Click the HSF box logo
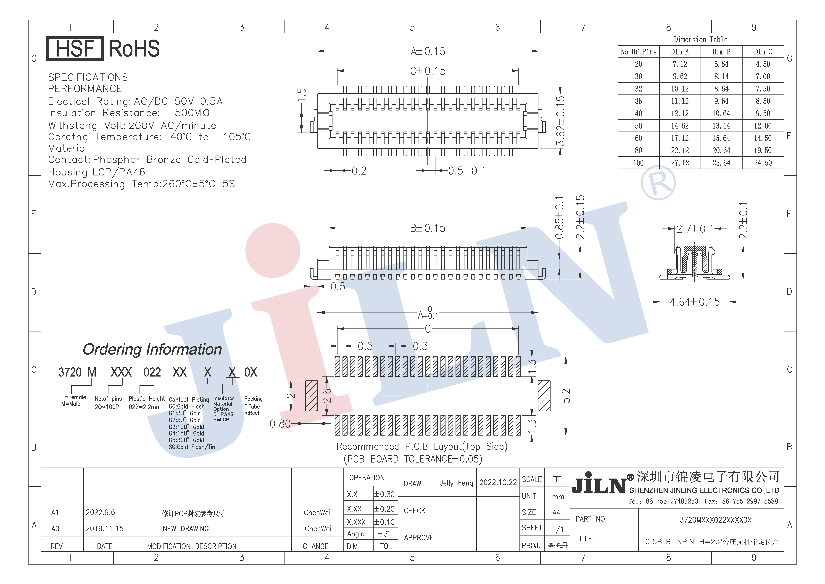[x=75, y=49]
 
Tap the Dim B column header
[x=721, y=52]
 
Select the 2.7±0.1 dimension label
[x=695, y=229]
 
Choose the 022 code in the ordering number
[x=152, y=372]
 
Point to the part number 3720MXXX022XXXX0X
[x=715, y=520]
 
